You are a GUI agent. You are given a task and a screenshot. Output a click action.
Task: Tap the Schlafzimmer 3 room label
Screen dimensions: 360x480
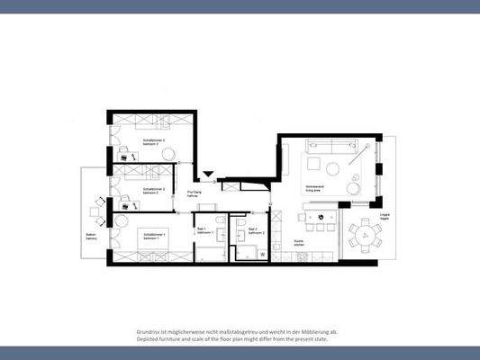pyautogui.click(x=154, y=141)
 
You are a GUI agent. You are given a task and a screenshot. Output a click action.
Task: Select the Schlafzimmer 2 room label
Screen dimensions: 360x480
pyautogui.click(x=151, y=191)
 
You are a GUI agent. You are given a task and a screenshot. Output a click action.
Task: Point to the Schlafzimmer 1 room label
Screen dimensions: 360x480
pyautogui.click(x=152, y=236)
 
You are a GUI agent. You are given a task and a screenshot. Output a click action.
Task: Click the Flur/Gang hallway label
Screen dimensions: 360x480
pyautogui.click(x=194, y=193)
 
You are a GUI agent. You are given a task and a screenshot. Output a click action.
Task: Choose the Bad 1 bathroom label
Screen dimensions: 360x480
pyautogui.click(x=202, y=230)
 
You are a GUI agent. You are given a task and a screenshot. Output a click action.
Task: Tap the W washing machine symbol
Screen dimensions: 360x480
pyautogui.click(x=262, y=255)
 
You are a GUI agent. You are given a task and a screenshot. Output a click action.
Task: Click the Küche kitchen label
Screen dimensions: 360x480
pyautogui.click(x=300, y=242)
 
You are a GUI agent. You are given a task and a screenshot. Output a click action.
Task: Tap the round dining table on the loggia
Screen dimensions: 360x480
pyautogui.click(x=366, y=236)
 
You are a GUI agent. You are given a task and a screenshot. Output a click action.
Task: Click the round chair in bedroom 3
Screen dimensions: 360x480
pyautogui.click(x=168, y=155)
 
